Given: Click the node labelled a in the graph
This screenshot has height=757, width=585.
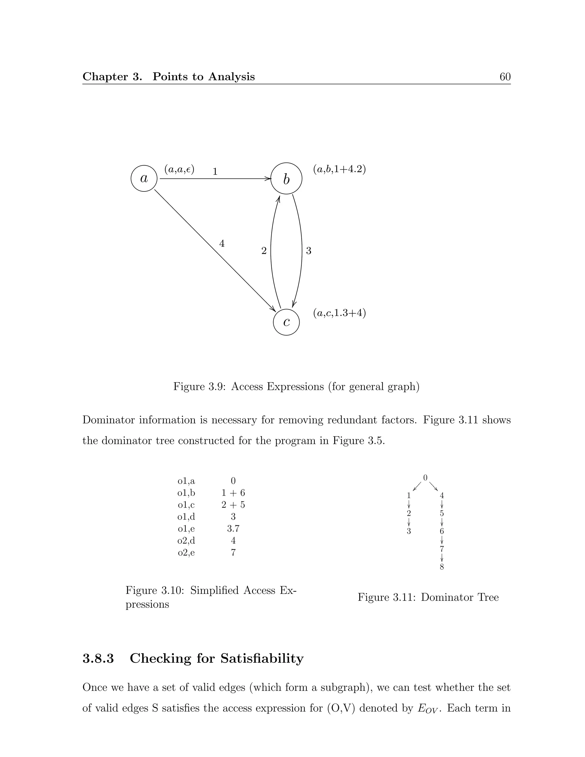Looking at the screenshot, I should pyautogui.click(x=144, y=179).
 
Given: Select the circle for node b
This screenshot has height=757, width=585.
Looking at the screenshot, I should pyautogui.click(x=286, y=179).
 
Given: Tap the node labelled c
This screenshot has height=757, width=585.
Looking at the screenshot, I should pyautogui.click(x=286, y=322).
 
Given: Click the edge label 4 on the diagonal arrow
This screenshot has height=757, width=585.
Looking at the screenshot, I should pyautogui.click(x=222, y=244).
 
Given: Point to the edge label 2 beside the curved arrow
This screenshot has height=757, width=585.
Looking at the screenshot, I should pyautogui.click(x=264, y=251).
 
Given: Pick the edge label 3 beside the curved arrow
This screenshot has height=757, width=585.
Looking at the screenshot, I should pyautogui.click(x=308, y=251).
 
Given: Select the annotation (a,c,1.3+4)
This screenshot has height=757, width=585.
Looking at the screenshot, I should pyautogui.click(x=339, y=313).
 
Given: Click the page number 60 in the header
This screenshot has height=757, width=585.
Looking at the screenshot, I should pyautogui.click(x=505, y=77).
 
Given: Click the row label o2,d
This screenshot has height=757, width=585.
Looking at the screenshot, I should pyautogui.click(x=186, y=540).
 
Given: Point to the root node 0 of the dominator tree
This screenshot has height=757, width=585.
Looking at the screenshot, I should pyautogui.click(x=425, y=478).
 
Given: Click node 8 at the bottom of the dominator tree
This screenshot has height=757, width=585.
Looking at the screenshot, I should pyautogui.click(x=442, y=567).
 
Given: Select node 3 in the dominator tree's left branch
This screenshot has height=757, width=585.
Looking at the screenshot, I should pyautogui.click(x=408, y=531).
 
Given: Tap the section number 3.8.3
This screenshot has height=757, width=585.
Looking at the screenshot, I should pyautogui.click(x=98, y=658).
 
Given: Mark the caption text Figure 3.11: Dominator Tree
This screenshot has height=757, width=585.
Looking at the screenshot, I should pyautogui.click(x=428, y=597).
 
